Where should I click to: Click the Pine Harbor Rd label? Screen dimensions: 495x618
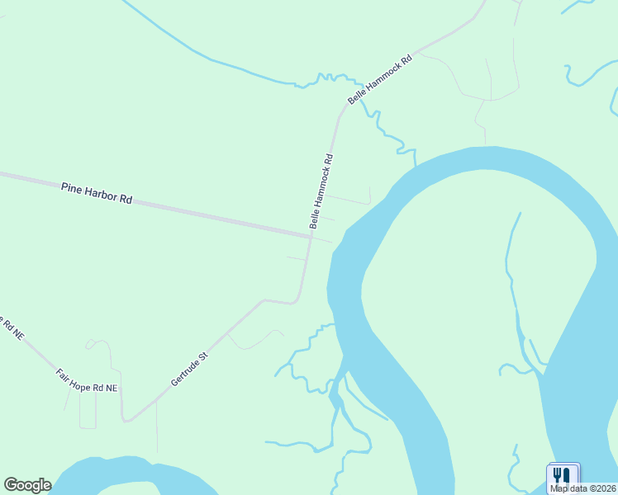click(x=97, y=194)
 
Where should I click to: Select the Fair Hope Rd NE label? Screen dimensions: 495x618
click(x=87, y=380)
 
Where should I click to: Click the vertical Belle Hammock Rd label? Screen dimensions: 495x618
click(x=321, y=191)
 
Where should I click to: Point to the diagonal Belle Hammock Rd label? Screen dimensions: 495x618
click(x=379, y=79)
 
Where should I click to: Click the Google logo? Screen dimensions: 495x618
click(x=27, y=485)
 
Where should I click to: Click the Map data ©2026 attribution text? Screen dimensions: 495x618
click(x=582, y=488)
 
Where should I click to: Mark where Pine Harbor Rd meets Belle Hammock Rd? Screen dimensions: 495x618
click(x=311, y=237)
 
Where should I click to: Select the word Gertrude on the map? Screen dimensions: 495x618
click(x=183, y=374)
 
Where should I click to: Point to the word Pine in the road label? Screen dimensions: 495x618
click(x=72, y=189)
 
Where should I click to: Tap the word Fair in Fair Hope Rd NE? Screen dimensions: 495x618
click(x=64, y=373)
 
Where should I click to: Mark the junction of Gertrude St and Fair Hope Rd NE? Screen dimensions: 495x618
click(x=126, y=420)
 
